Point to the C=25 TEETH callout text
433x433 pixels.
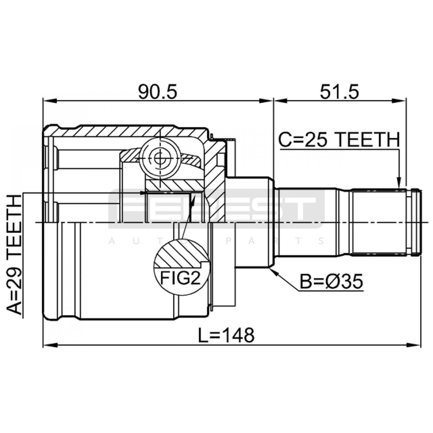(339, 140)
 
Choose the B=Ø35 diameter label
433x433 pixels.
(332, 282)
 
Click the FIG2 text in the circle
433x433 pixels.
(180, 278)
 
